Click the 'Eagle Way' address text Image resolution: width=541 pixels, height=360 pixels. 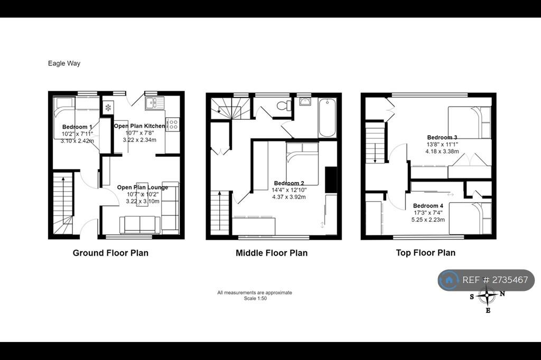click(x=64, y=63)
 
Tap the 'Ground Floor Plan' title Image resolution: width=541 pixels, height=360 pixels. click(x=110, y=253)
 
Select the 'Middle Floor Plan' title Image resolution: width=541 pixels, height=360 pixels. click(x=272, y=253)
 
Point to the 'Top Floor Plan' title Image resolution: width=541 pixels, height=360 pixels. click(x=426, y=253)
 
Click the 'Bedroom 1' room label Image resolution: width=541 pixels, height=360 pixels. click(x=77, y=127)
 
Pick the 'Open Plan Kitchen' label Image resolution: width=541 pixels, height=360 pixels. click(x=139, y=126)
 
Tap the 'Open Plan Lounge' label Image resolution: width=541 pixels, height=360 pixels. click(x=143, y=187)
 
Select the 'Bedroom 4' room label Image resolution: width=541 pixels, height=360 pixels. click(x=428, y=206)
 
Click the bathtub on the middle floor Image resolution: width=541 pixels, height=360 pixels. click(x=327, y=118)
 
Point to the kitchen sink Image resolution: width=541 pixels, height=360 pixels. click(x=155, y=102)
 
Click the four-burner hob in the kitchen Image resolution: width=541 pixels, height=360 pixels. click(x=173, y=124)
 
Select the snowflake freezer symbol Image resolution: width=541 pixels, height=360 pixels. click(x=108, y=108)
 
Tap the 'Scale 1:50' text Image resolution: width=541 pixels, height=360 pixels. click(x=255, y=299)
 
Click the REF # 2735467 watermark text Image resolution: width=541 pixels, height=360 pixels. click(x=495, y=280)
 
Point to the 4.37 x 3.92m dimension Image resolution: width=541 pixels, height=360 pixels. click(x=289, y=197)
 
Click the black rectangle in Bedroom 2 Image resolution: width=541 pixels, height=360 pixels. click(x=331, y=179)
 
